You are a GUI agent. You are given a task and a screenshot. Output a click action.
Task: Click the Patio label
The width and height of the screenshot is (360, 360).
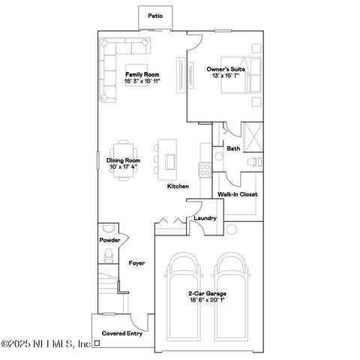coord(155,15)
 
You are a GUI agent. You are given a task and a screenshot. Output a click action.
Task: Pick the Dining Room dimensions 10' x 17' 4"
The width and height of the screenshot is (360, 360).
coord(124,166)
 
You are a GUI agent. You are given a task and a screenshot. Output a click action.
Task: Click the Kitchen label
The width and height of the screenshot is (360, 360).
coord(178,186)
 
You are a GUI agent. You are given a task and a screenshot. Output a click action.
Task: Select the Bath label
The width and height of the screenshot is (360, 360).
coord(233,148)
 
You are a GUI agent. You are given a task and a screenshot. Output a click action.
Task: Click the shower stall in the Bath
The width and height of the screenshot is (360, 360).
coord(253,139)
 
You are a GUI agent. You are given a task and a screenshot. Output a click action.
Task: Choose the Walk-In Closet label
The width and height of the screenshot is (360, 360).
coord(238,194)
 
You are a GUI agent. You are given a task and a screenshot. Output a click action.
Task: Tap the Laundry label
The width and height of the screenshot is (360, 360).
coord(205,218)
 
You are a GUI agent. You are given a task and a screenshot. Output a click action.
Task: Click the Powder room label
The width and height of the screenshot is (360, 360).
coord(110,240)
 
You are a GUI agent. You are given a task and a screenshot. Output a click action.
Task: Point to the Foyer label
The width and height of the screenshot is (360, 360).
coord(136,263)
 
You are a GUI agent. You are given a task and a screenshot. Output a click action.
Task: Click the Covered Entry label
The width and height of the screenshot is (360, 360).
coord(122,334)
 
